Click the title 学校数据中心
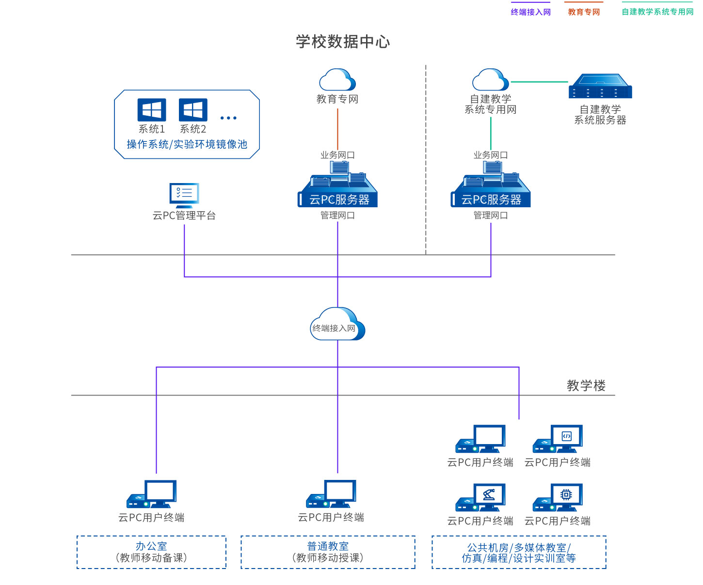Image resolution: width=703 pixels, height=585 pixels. [343, 42]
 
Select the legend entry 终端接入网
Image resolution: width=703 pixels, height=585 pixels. [531, 12]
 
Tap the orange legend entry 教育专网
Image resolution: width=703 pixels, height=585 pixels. [584, 12]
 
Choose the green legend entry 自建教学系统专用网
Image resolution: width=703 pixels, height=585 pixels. [657, 12]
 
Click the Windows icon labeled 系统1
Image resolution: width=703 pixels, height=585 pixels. [152, 110]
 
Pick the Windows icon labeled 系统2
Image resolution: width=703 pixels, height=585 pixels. [193, 110]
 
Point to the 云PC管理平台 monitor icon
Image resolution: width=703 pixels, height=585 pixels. [184, 195]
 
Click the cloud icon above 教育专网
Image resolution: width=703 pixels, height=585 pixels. [337, 80]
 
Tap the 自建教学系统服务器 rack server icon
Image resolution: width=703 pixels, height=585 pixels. [600, 86]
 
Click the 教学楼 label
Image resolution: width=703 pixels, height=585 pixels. [586, 385]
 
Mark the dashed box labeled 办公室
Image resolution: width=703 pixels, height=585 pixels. [151, 552]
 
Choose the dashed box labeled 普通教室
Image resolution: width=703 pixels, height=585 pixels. [328, 552]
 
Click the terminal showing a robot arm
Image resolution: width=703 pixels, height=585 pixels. [481, 497]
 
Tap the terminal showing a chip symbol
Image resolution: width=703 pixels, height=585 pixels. [558, 497]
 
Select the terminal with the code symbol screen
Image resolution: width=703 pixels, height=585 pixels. [558, 439]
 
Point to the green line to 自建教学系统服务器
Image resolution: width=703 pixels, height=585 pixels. [539, 82]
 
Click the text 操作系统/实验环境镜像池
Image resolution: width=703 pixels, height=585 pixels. [187, 144]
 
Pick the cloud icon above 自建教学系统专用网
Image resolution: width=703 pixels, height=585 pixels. [491, 80]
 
